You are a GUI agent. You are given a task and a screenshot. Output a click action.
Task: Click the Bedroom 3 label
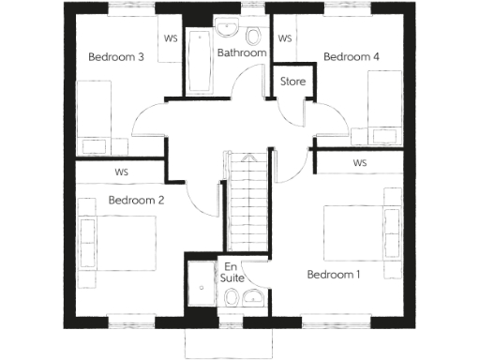pyautogui.click(x=115, y=57)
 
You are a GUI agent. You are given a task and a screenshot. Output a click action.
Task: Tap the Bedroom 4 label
pyautogui.click(x=351, y=57)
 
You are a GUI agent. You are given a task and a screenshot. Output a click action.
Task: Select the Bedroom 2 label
pyautogui.click(x=136, y=200)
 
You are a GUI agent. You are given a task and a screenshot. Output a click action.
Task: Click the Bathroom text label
pyautogui.click(x=242, y=53)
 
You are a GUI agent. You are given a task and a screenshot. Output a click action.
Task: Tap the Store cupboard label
pyautogui.click(x=292, y=82)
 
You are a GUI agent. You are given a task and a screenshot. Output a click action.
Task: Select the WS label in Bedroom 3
pyautogui.click(x=171, y=39)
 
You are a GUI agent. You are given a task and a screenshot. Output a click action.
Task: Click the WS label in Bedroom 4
pyautogui.click(x=285, y=39)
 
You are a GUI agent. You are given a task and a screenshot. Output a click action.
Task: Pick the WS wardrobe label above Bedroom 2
pyautogui.click(x=122, y=172)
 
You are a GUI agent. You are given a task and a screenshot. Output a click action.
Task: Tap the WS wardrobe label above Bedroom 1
pyautogui.click(x=360, y=163)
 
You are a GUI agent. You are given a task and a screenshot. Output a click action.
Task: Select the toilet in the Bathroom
pyautogui.click(x=255, y=38)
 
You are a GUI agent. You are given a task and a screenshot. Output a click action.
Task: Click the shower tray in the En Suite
pyautogui.click(x=202, y=286)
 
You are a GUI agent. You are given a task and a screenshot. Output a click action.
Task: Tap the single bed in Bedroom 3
pyautogui.click(x=94, y=117)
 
